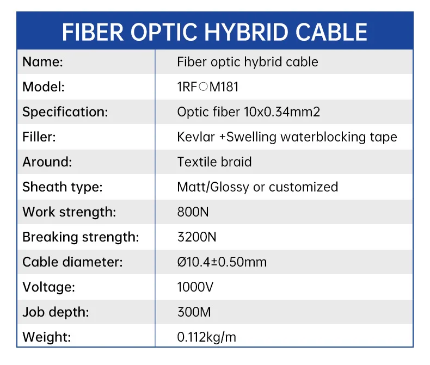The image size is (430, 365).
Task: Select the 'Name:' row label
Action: click(x=43, y=62)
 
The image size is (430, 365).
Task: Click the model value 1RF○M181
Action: click(x=208, y=87)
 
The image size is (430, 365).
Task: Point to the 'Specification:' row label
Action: click(x=65, y=112)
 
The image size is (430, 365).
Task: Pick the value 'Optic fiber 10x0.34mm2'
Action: click(x=249, y=112)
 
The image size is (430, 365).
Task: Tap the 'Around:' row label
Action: click(x=47, y=162)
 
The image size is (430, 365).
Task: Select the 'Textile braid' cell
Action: click(x=214, y=162)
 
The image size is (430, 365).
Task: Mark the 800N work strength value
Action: click(x=193, y=212)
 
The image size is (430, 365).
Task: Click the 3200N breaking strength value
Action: click(x=196, y=237)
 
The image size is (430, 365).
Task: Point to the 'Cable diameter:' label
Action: click(x=72, y=262)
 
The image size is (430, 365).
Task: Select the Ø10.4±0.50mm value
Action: click(x=222, y=262)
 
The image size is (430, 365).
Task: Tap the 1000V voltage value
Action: click(x=195, y=287)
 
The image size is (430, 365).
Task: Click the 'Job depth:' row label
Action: click(x=56, y=312)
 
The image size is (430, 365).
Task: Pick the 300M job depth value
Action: click(x=194, y=312)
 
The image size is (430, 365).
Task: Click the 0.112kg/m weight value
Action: click(x=207, y=337)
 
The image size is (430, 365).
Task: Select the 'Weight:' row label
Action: click(x=47, y=337)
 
